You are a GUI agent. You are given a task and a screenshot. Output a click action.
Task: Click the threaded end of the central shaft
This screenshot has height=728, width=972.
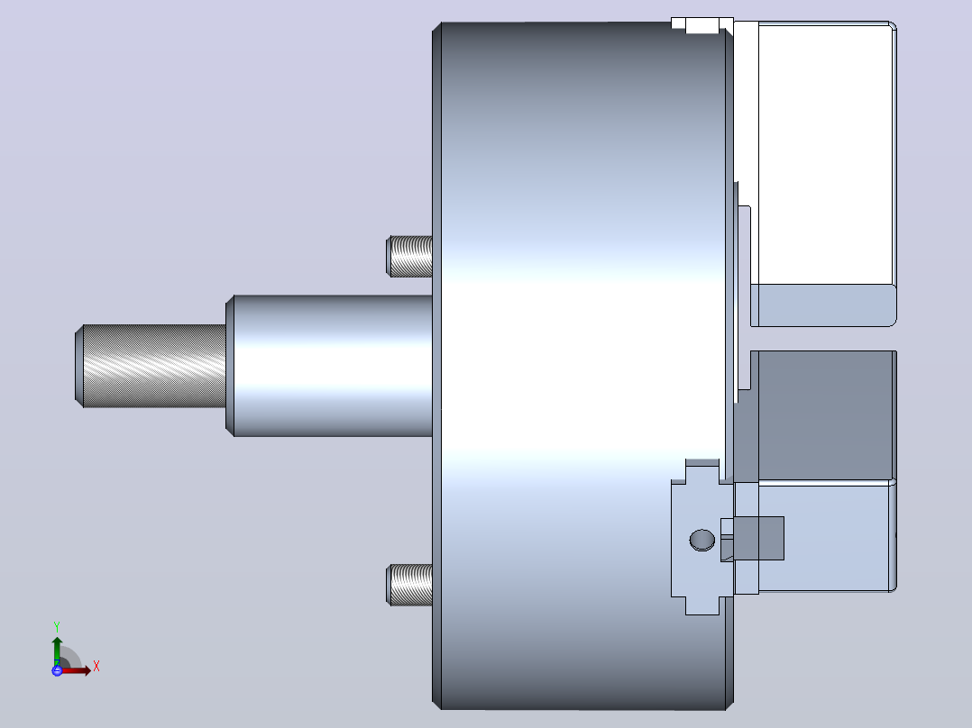pos(151,366)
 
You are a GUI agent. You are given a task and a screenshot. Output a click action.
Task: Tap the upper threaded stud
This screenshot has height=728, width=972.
pos(409,256)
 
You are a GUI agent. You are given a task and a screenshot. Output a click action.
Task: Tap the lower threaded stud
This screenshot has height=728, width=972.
pos(409,585)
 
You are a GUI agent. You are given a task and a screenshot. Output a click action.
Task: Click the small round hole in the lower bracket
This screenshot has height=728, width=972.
pos(702,540)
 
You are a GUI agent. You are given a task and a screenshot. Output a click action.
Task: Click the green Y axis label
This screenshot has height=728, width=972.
pos(57,626)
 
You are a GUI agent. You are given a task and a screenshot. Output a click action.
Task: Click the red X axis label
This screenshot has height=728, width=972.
pos(96,667)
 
